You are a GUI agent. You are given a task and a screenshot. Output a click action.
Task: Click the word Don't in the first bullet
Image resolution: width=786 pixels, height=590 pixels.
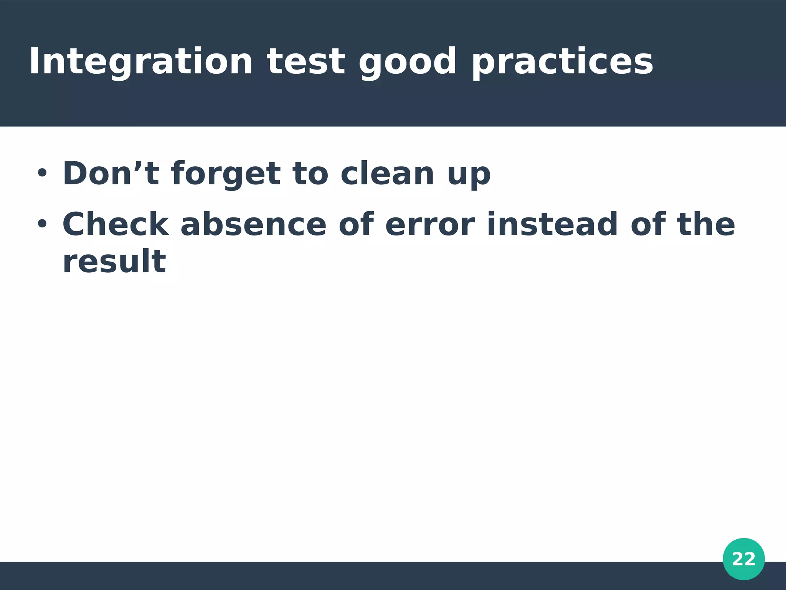click(111, 174)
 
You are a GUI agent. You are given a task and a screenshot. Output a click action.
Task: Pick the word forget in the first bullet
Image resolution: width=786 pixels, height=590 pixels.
click(226, 174)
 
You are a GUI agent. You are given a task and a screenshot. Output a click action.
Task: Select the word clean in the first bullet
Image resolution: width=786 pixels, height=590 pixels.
click(388, 174)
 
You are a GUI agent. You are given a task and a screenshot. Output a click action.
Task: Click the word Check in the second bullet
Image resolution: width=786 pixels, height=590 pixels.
click(116, 224)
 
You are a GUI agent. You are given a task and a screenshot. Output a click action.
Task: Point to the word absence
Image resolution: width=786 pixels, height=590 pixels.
click(253, 224)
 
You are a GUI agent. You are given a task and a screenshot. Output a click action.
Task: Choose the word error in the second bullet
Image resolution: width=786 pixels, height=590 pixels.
click(430, 225)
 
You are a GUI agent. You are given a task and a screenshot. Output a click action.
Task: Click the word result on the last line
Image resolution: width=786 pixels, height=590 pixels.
click(114, 262)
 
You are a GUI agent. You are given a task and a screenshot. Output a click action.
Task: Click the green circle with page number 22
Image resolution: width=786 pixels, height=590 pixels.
click(743, 559)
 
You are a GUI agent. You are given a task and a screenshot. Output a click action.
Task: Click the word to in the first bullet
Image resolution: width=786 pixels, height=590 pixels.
click(310, 174)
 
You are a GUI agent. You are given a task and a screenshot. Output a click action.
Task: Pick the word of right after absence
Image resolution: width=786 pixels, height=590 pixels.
click(356, 224)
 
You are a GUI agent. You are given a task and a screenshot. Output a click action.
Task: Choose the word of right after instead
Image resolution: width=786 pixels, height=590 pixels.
click(648, 224)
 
